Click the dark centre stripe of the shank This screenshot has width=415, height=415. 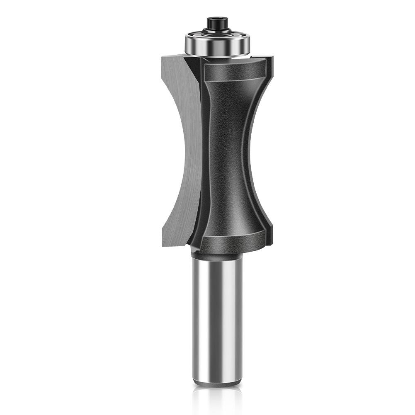point(218,319)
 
